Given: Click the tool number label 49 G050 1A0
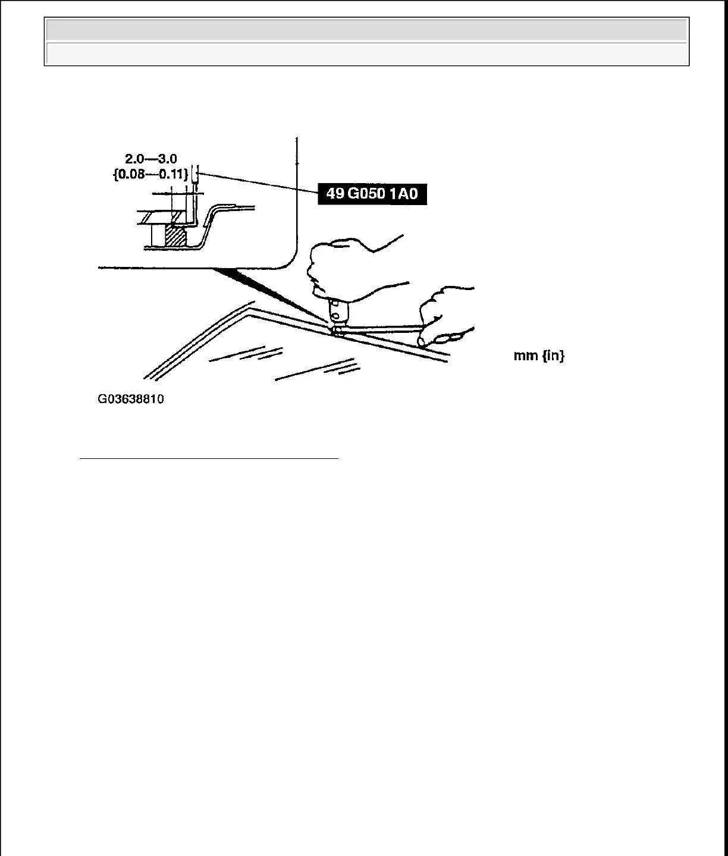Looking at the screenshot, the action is click(372, 194).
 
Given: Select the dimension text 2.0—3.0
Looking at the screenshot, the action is click(151, 159).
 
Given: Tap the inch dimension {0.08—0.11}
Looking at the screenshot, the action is click(151, 175).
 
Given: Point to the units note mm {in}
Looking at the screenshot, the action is click(539, 356).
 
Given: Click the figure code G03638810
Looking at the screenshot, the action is click(131, 399).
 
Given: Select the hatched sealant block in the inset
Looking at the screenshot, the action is click(176, 234).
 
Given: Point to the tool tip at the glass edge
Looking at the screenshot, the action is click(337, 331).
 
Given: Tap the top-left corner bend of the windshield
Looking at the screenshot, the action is click(249, 308).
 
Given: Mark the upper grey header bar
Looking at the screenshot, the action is click(366, 30).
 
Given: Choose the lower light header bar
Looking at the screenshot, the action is click(366, 53).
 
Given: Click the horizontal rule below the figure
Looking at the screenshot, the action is click(209, 459).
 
